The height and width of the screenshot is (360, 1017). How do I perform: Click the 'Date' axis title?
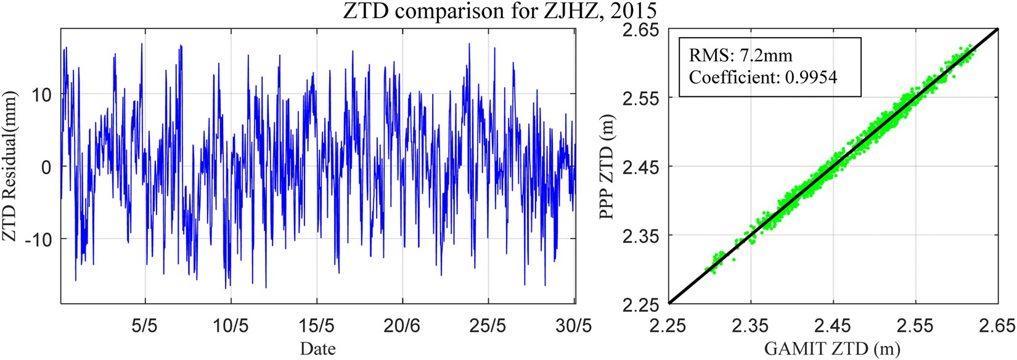[317, 349]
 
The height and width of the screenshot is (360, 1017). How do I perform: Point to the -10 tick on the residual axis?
[38, 239]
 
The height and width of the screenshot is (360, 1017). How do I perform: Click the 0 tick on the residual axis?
[46, 167]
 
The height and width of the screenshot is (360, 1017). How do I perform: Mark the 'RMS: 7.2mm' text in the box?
[740, 55]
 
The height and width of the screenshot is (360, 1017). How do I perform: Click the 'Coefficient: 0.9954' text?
[763, 77]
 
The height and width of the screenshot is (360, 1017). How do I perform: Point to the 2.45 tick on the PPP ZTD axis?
[642, 167]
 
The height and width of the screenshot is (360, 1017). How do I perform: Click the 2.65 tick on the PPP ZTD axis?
[642, 30]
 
